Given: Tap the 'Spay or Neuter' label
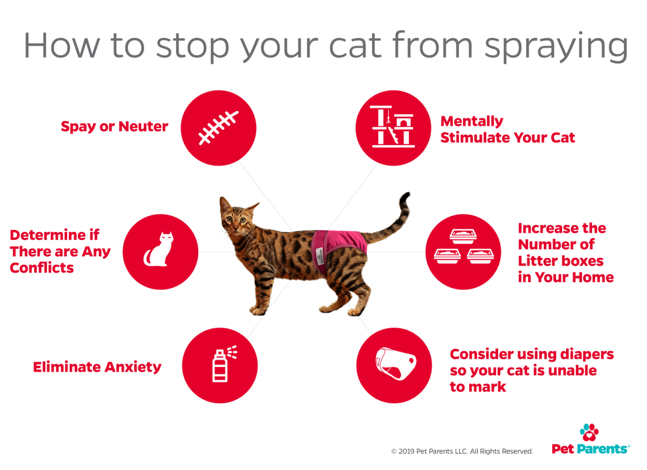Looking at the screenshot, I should tap(114, 127).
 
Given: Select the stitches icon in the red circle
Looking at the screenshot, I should tap(218, 127).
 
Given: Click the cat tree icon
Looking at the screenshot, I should tap(393, 127).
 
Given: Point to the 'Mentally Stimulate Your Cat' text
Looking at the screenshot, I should tap(507, 129).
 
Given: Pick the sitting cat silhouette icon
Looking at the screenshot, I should tap(159, 250).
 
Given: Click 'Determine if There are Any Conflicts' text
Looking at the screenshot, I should tap(60, 251).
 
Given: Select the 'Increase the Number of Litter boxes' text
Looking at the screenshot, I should tap(565, 252).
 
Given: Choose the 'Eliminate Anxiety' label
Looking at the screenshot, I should tap(97, 367).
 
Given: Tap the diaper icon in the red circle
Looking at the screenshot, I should tap(395, 365).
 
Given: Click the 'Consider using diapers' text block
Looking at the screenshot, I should tap(531, 370).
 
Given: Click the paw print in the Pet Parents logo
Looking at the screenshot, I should tap(589, 433).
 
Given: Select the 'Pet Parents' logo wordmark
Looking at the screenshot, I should tap(590, 449).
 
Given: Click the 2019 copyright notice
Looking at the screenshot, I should tap(462, 451).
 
